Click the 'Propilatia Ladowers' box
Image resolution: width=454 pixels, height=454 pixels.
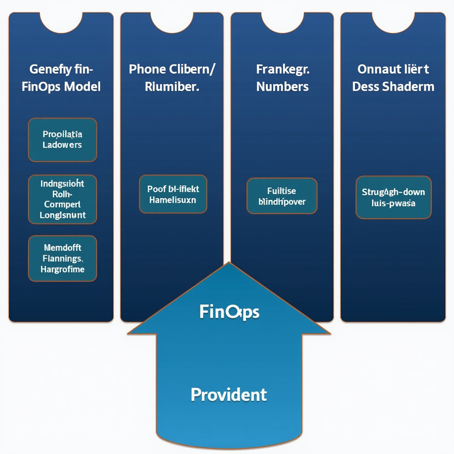tap(62, 140)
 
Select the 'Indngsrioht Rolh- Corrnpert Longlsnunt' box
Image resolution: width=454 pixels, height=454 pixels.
tap(62, 200)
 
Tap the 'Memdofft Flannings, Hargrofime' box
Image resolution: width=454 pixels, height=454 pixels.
tap(62, 258)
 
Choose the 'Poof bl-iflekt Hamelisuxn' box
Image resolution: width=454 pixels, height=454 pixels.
tap(173, 194)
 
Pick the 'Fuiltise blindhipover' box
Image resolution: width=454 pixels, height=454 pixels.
tap(282, 196)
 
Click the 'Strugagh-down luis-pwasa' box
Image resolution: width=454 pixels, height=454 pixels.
tap(393, 197)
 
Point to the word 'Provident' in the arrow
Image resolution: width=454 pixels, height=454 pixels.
tap(229, 394)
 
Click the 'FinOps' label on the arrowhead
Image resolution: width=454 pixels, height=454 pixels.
tap(229, 312)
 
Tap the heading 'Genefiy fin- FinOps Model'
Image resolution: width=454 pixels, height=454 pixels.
tap(61, 78)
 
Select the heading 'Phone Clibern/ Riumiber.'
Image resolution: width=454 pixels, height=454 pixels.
tap(172, 78)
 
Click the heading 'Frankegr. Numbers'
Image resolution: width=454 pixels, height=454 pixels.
tap(282, 78)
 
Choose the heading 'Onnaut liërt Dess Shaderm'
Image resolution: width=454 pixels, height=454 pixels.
tap(393, 78)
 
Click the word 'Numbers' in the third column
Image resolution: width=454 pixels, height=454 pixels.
tap(282, 86)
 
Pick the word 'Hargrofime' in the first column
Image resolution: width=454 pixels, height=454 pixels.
tap(62, 269)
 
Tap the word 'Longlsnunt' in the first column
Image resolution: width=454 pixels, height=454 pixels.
tap(62, 215)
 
